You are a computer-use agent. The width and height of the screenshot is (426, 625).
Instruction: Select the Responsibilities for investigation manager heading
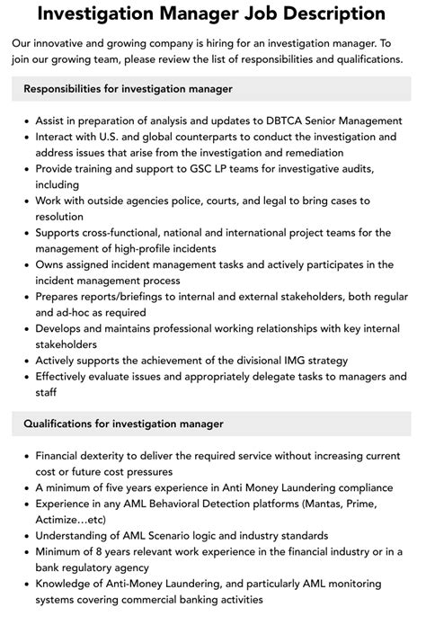(129, 89)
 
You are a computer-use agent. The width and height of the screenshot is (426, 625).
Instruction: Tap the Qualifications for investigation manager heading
(124, 424)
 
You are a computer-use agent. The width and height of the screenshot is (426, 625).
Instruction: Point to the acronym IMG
(291, 360)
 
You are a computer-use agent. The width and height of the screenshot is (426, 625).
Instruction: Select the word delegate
(271, 376)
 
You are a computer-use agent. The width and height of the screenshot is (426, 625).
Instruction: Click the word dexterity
(118, 455)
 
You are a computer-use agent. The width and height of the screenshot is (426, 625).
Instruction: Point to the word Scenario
(171, 535)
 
